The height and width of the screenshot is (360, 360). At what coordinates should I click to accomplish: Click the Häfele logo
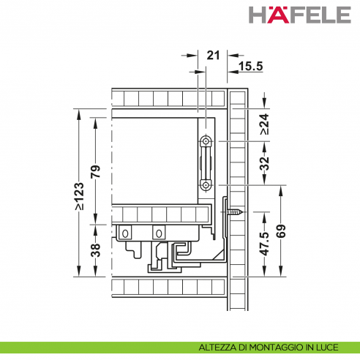[300, 15]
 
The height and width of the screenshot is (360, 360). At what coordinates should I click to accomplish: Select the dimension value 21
[213, 56]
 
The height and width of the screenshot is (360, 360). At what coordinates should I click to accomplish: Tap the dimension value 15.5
[251, 66]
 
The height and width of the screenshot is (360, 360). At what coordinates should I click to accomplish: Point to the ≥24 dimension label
[265, 124]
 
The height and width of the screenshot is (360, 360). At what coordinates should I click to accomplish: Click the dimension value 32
[265, 164]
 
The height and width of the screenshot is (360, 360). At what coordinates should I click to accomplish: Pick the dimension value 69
[281, 231]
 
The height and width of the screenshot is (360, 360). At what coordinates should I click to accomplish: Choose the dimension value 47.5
[265, 244]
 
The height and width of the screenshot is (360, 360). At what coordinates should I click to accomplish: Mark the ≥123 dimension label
[80, 196]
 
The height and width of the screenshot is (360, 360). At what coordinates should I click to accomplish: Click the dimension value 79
[95, 171]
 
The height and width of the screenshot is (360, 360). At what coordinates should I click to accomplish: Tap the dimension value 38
[95, 250]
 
